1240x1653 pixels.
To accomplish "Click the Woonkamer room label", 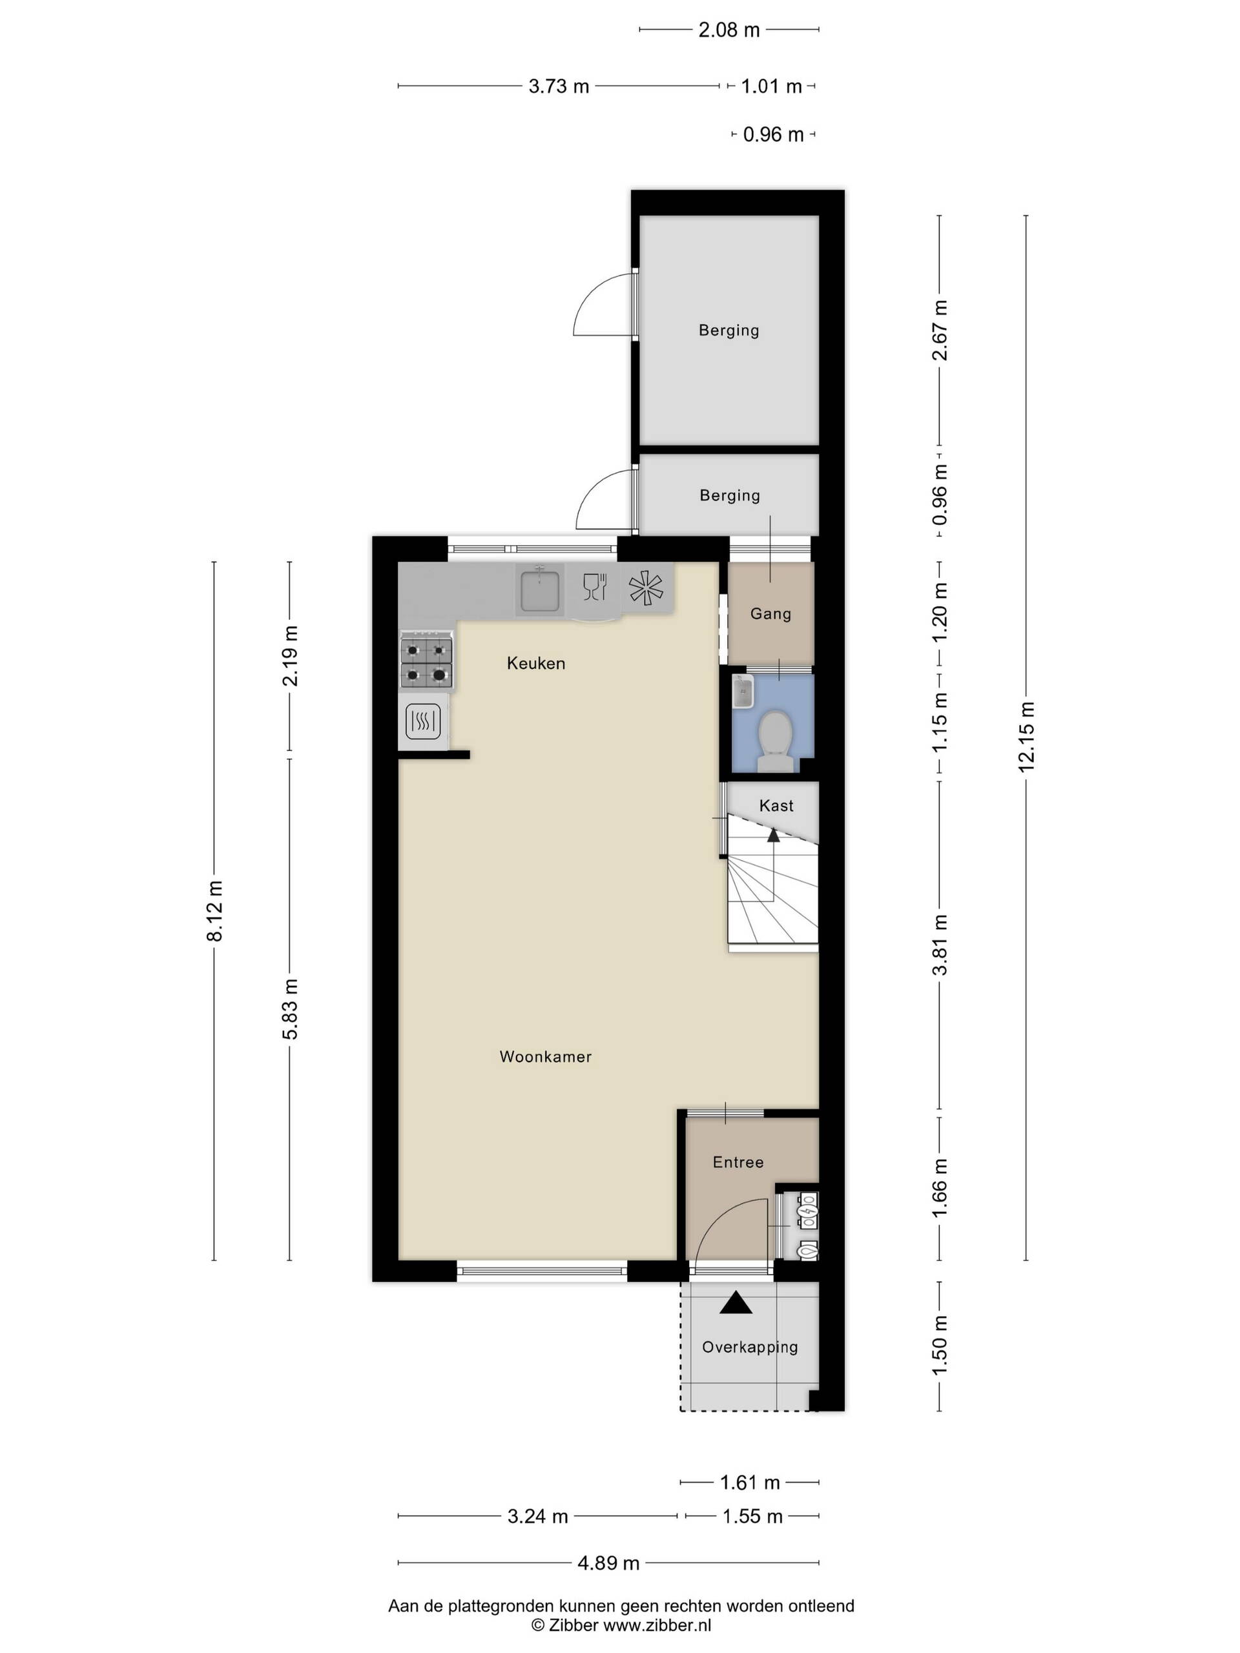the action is click(x=545, y=1056).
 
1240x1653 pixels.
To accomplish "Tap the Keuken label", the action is click(x=535, y=663).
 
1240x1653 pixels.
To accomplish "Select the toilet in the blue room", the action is click(x=775, y=741).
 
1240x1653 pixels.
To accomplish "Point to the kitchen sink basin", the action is click(x=539, y=590).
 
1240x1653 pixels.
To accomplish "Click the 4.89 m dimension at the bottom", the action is click(x=608, y=1563).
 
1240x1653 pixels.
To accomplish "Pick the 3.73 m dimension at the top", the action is click(x=559, y=86).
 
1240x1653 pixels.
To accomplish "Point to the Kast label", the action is click(x=776, y=806).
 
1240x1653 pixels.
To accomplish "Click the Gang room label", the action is click(x=770, y=613).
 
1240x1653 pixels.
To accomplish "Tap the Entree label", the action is click(x=738, y=1162).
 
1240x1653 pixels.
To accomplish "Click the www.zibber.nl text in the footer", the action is click(x=657, y=1625).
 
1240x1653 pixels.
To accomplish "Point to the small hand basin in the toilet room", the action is click(x=745, y=692).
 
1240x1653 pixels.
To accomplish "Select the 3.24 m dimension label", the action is click(x=537, y=1516).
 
